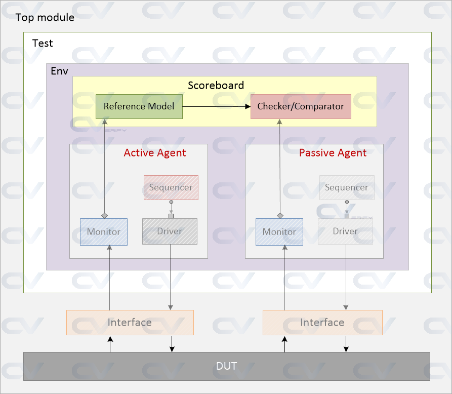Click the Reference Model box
pyautogui.click(x=139, y=106)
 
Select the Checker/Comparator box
pyautogui.click(x=301, y=106)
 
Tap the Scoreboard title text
pyautogui.click(x=216, y=85)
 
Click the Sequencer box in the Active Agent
pyautogui.click(x=171, y=187)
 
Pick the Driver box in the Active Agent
pyautogui.click(x=170, y=231)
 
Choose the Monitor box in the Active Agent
pyautogui.click(x=104, y=232)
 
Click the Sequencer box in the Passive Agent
pyautogui.click(x=347, y=187)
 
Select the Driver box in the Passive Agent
pyautogui.click(x=345, y=231)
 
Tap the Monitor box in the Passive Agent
pyautogui.click(x=279, y=232)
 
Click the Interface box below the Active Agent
pyautogui.click(x=130, y=323)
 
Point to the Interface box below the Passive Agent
pyautogui.click(x=322, y=323)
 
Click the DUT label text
pyautogui.click(x=226, y=366)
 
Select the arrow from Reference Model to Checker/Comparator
pyautogui.click(x=216, y=106)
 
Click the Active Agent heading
pyautogui.click(x=155, y=153)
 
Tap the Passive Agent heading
pyautogui.click(x=333, y=153)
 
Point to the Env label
pyautogui.click(x=59, y=70)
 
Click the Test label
pyautogui.click(x=43, y=43)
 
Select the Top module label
pyautogui.click(x=45, y=18)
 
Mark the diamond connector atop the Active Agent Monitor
pyautogui.click(x=104, y=215)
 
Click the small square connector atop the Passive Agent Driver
pyautogui.click(x=347, y=216)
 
